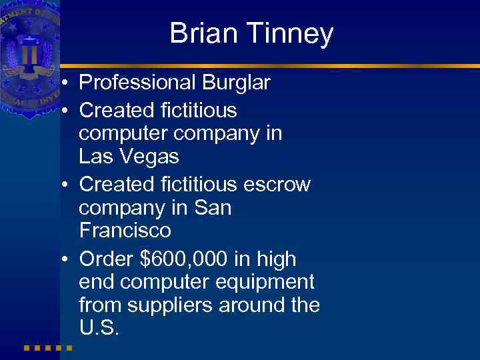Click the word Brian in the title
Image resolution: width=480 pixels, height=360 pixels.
coord(203,33)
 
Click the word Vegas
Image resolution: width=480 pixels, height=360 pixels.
coord(149,157)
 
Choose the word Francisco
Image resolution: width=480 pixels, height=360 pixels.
coord(125,231)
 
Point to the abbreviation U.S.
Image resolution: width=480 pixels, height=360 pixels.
coord(99,329)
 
